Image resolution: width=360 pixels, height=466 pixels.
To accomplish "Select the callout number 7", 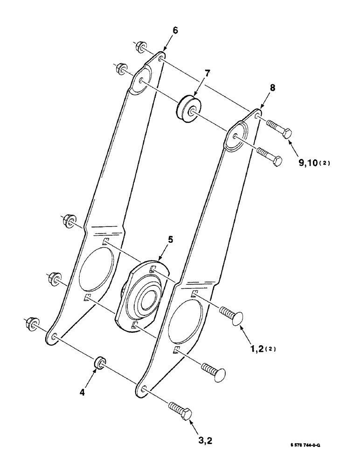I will (x=208, y=73).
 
